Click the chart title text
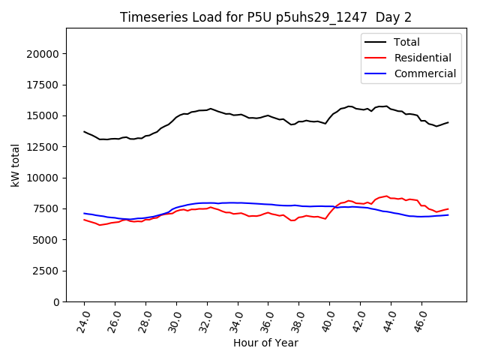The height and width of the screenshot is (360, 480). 265,17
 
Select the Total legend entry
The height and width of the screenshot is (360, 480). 407,42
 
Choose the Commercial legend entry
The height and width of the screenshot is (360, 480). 424,73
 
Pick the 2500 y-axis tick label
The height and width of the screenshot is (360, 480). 46,270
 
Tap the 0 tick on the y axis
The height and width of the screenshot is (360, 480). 56,301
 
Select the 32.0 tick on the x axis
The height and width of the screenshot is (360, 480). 206,322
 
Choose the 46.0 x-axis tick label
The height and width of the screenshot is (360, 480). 421,322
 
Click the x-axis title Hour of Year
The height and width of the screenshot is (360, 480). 265,343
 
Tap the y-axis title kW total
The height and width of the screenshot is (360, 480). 16,165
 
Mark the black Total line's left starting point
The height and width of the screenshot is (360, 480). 84,131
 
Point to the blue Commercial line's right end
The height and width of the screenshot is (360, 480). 448,214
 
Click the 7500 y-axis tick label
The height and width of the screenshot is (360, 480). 46,208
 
